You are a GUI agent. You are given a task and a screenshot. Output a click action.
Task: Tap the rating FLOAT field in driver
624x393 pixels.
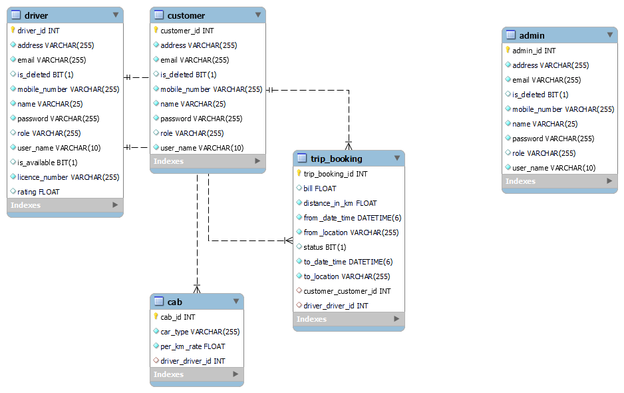click(x=39, y=192)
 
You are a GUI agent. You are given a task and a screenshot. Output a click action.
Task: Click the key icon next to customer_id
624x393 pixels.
click(x=156, y=31)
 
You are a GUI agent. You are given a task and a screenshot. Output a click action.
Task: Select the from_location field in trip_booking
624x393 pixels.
click(x=351, y=232)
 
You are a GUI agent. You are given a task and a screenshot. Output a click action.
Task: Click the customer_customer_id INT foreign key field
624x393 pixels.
click(x=347, y=291)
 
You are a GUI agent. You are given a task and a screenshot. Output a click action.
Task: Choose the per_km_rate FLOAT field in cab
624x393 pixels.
click(x=192, y=346)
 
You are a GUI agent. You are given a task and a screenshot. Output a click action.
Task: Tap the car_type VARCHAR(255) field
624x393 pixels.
click(x=200, y=332)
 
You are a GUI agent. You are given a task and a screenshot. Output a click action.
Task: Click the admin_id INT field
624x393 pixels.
click(x=534, y=51)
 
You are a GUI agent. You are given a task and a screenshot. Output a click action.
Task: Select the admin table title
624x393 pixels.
click(x=532, y=35)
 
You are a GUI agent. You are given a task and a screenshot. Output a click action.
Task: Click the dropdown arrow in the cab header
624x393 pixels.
click(x=235, y=302)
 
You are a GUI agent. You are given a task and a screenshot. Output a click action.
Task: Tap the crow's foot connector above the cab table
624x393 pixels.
click(x=197, y=288)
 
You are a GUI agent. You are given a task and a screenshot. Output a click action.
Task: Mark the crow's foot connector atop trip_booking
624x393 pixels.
click(x=349, y=145)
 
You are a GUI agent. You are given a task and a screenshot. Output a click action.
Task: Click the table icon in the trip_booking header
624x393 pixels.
click(x=302, y=159)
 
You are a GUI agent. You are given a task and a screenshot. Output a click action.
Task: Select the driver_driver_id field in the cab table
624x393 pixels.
click(x=192, y=361)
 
